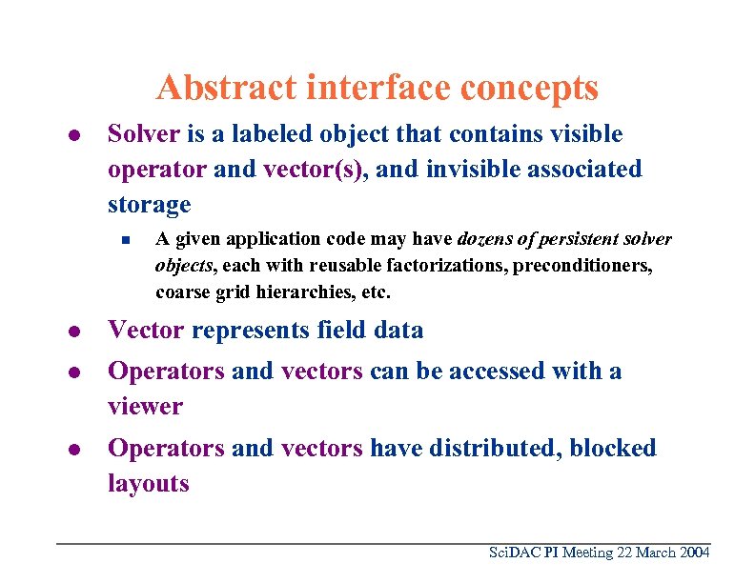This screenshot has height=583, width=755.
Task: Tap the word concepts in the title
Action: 529,88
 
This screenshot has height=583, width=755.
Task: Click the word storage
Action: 149,205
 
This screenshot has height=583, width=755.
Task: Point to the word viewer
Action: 145,407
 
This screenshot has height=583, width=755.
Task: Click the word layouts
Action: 148,484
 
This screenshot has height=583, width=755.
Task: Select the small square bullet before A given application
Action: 125,239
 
